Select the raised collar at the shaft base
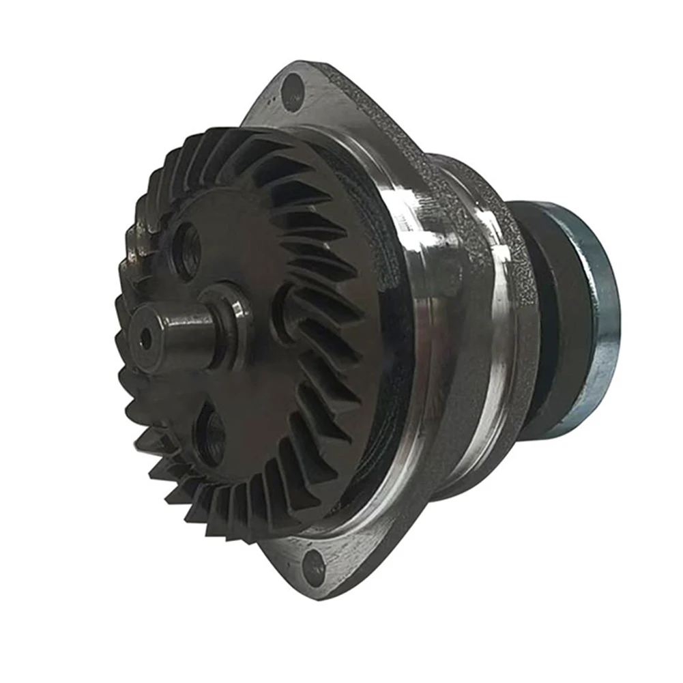[x=229, y=317]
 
